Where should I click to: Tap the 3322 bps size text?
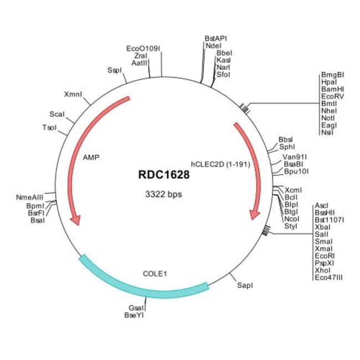(x=163, y=194)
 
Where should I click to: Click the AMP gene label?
(x=90, y=157)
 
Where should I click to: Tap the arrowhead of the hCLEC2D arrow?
(x=255, y=213)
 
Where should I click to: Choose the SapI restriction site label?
(x=245, y=285)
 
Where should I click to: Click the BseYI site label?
(x=135, y=315)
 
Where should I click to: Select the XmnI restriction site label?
(x=73, y=94)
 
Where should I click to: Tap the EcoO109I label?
(x=143, y=49)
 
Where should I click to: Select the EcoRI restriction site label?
(x=323, y=256)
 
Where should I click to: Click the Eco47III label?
(x=328, y=277)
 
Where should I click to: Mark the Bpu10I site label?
(x=296, y=171)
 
